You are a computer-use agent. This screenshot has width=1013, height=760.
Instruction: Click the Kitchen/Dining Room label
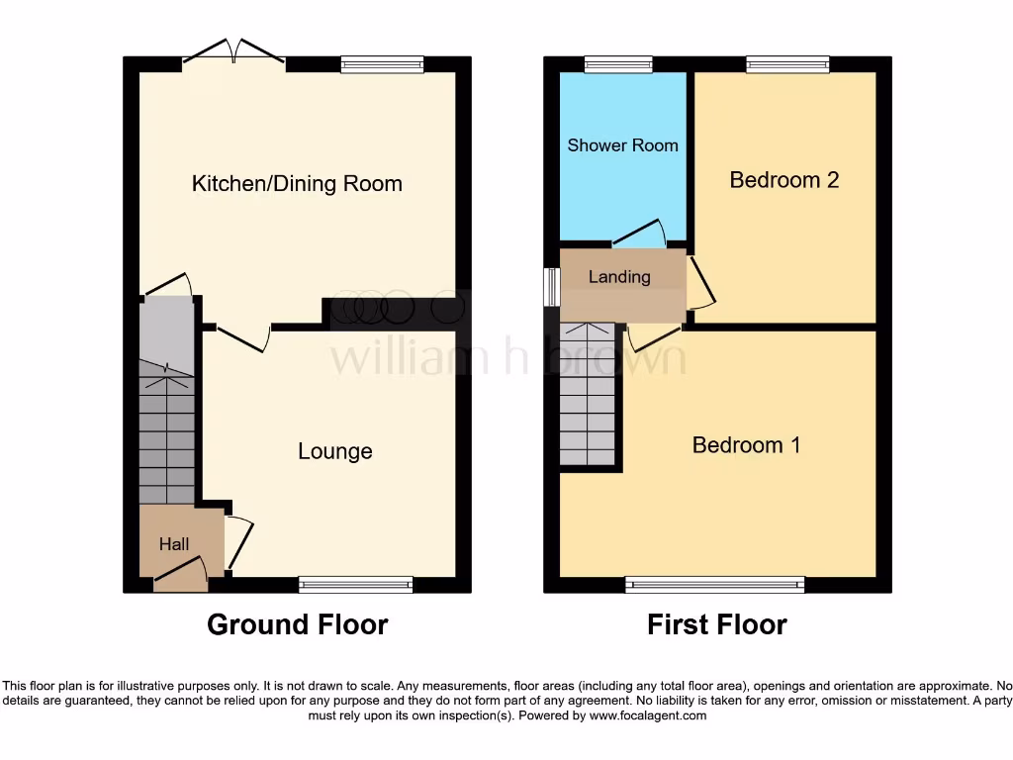[x=297, y=184]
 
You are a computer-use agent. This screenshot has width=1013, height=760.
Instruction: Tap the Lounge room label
[x=335, y=451]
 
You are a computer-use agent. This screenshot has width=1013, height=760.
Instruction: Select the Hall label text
[x=174, y=543]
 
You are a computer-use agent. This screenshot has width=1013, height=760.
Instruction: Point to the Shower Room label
[x=622, y=145]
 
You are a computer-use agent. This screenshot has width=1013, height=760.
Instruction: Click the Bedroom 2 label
[x=783, y=180]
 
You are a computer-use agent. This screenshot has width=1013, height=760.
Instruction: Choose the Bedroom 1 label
[x=746, y=445]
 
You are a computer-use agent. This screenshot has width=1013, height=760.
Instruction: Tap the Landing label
[x=619, y=277]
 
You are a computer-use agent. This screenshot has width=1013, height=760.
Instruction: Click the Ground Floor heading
[x=297, y=624]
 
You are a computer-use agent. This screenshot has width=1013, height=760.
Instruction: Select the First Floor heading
[x=716, y=624]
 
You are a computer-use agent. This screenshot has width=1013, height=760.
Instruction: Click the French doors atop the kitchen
[x=233, y=53]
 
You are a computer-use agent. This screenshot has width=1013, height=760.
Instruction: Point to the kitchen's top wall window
[x=382, y=64]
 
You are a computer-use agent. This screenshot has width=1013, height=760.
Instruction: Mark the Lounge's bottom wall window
[x=355, y=585]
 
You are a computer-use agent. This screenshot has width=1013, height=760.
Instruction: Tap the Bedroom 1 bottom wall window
[x=714, y=585]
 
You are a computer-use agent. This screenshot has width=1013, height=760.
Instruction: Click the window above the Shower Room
[x=618, y=64]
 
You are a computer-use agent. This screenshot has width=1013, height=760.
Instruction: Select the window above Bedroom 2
[x=787, y=64]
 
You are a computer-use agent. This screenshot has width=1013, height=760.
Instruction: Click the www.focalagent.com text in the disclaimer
[x=649, y=715]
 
